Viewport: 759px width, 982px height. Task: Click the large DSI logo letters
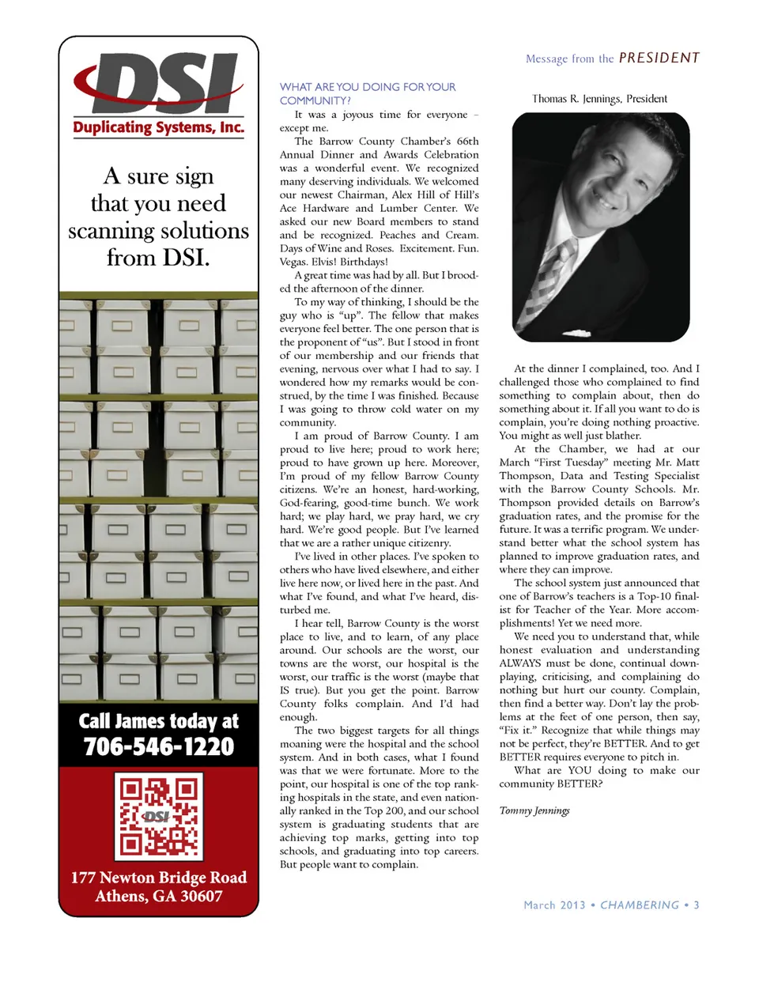coord(158,85)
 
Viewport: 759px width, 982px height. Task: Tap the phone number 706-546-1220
coord(159,746)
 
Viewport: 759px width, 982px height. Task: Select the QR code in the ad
coord(159,816)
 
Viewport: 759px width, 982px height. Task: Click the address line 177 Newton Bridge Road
coord(159,878)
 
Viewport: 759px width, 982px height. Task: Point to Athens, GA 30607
coord(159,897)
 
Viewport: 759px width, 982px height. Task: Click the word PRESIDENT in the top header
coord(659,58)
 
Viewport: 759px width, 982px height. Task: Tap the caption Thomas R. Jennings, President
coord(599,99)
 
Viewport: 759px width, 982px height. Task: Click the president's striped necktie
coord(557,277)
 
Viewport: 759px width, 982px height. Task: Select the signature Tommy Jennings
coord(534,810)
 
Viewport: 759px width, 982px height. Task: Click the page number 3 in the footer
coord(697,905)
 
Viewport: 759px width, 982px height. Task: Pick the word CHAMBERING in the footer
coord(640,905)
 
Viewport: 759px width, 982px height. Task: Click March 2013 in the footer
coord(554,905)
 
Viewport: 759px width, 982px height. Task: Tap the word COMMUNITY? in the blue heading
coord(315,100)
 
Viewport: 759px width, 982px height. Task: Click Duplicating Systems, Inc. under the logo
coord(159,128)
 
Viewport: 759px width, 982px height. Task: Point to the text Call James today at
coord(159,721)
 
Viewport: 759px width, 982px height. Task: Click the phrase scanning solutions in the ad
coord(159,231)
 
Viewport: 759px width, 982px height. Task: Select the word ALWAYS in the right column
coord(520,663)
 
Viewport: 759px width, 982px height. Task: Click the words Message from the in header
coord(569,59)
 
